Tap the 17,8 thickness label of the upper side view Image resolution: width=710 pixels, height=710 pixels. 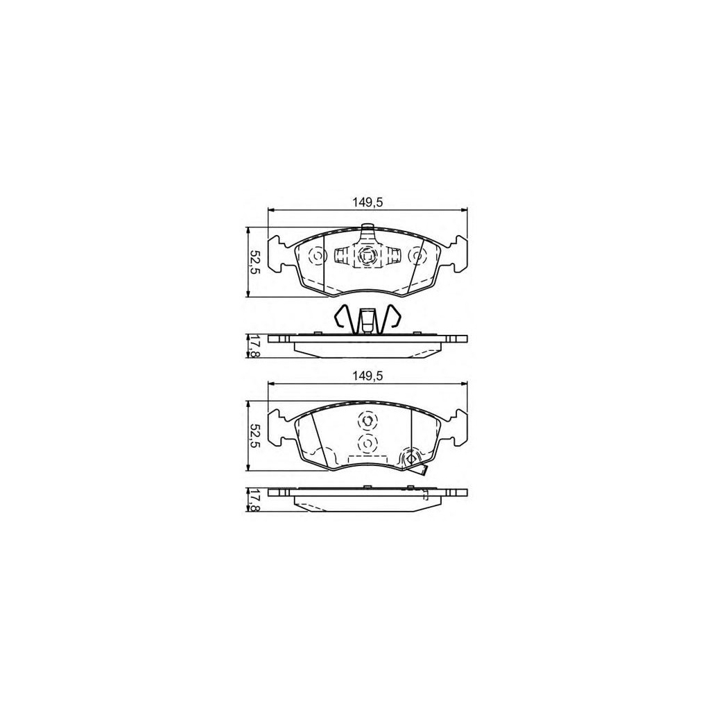[x=254, y=346]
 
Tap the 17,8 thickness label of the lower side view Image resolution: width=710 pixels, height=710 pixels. [x=254, y=500]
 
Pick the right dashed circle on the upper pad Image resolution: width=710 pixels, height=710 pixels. [x=417, y=257]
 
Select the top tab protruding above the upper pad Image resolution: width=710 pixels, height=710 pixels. [x=367, y=227]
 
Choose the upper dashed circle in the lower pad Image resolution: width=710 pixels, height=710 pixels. [x=367, y=419]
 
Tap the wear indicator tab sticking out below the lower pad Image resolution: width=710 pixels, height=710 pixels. [x=419, y=470]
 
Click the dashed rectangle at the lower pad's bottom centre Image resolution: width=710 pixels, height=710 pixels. [x=367, y=458]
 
